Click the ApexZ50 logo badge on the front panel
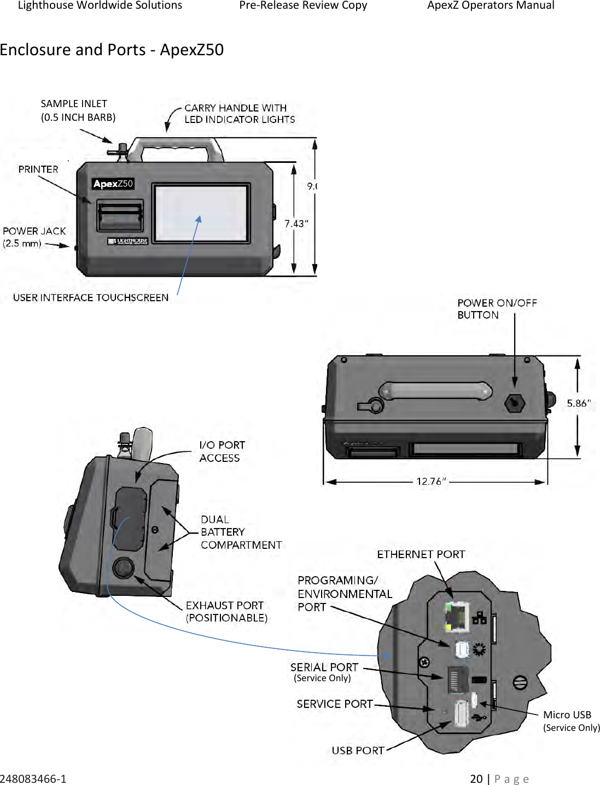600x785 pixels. click(113, 184)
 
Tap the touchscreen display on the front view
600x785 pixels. click(201, 213)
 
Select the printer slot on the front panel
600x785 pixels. click(120, 216)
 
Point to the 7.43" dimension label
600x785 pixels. click(296, 224)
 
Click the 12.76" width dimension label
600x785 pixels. click(431, 482)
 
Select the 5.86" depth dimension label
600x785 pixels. click(578, 403)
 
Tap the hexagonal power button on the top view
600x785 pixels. click(514, 403)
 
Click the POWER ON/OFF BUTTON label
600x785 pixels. click(497, 309)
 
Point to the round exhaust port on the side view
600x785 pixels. click(124, 567)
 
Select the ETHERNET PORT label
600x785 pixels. click(421, 554)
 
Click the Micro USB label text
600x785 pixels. click(567, 714)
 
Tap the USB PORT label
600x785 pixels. click(358, 751)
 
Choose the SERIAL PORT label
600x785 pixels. click(324, 667)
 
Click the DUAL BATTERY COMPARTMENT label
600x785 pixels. click(241, 532)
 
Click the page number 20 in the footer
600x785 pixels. click(476, 778)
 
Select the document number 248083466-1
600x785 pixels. click(33, 778)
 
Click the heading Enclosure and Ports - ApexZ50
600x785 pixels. click(112, 50)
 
